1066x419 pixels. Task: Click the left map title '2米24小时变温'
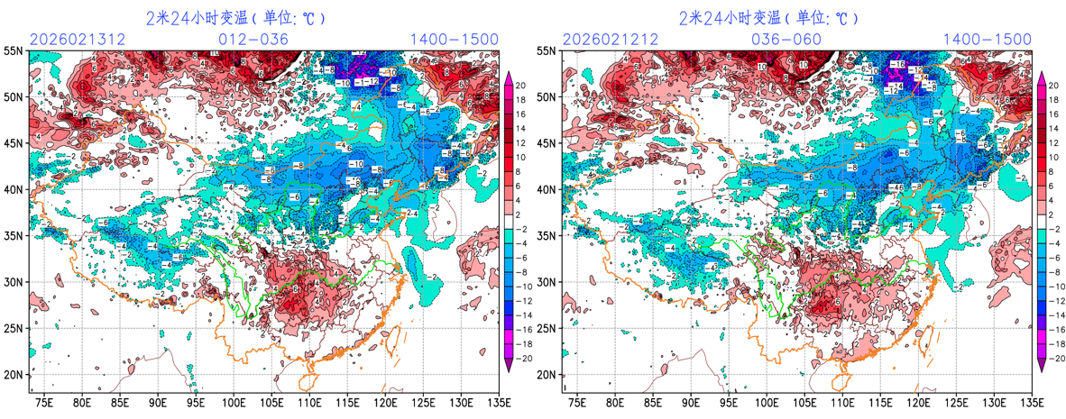click(x=235, y=18)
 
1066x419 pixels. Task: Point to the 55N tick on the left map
click(x=14, y=51)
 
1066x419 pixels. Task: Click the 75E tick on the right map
click(x=577, y=401)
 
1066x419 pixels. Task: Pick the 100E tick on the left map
click(x=234, y=401)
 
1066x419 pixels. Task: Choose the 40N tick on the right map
click(x=547, y=189)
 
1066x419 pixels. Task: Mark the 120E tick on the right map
click(x=918, y=401)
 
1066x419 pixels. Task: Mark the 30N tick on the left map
click(x=14, y=282)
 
